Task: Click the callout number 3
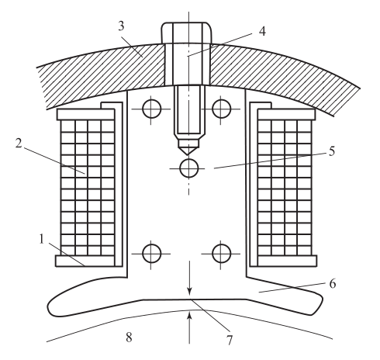point(122,26)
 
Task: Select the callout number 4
point(262,32)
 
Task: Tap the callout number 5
point(332,151)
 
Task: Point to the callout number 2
point(19,143)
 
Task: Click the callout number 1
point(42,239)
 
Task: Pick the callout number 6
point(333,283)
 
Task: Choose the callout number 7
point(230,339)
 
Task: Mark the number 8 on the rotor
point(129,337)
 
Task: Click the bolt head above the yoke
point(187,33)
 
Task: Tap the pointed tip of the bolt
point(188,154)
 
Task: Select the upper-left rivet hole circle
point(152,109)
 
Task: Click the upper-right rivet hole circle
point(221,109)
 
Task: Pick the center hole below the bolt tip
point(189,168)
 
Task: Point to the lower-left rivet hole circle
point(152,254)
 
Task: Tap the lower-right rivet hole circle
point(221,254)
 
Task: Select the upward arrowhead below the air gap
point(190,317)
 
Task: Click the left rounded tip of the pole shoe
point(52,307)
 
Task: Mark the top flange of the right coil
point(286,114)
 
